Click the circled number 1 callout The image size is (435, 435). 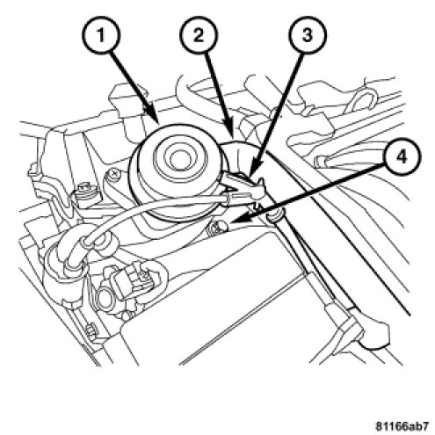(x=100, y=35)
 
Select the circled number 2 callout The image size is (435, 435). (x=199, y=35)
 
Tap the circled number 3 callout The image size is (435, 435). (x=307, y=35)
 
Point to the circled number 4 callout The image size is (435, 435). (x=402, y=157)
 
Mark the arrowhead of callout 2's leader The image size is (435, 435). (x=231, y=130)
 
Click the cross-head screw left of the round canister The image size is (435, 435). (x=114, y=175)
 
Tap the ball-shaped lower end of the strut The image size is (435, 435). (x=374, y=337)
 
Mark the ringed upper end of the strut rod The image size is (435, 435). (x=275, y=216)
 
